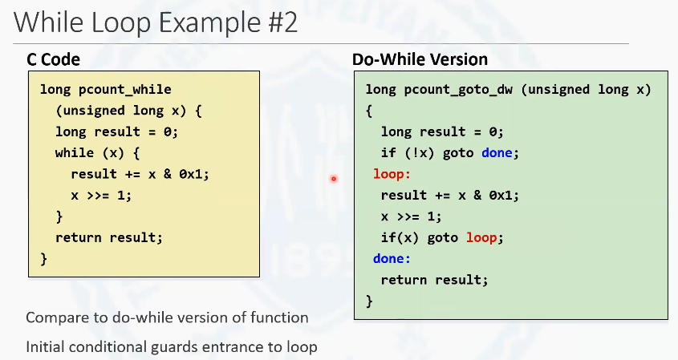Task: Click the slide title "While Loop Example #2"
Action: pyautogui.click(x=156, y=22)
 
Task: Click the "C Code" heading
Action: pyautogui.click(x=53, y=59)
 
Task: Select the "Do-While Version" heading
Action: pyautogui.click(x=420, y=59)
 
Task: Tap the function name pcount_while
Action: pyautogui.click(x=125, y=90)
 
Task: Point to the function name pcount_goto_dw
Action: pyautogui.click(x=458, y=90)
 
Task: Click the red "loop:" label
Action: pyautogui.click(x=392, y=174)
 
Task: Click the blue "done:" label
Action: pyautogui.click(x=392, y=258)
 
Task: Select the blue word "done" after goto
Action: pyautogui.click(x=497, y=153)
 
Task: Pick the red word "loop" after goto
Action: pyautogui.click(x=481, y=237)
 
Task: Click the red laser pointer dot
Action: pyautogui.click(x=333, y=179)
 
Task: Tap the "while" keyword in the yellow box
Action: pyautogui.click(x=75, y=153)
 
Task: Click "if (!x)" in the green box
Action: pyautogui.click(x=408, y=153)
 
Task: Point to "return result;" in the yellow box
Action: pyautogui.click(x=109, y=237)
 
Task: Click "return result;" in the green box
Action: pyautogui.click(x=434, y=280)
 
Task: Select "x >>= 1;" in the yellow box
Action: pyautogui.click(x=101, y=196)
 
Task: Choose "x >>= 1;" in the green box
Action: pyautogui.click(x=411, y=216)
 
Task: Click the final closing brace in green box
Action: pyautogui.click(x=369, y=301)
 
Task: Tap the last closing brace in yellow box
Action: pyautogui.click(x=43, y=259)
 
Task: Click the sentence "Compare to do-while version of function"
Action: pyautogui.click(x=168, y=318)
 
